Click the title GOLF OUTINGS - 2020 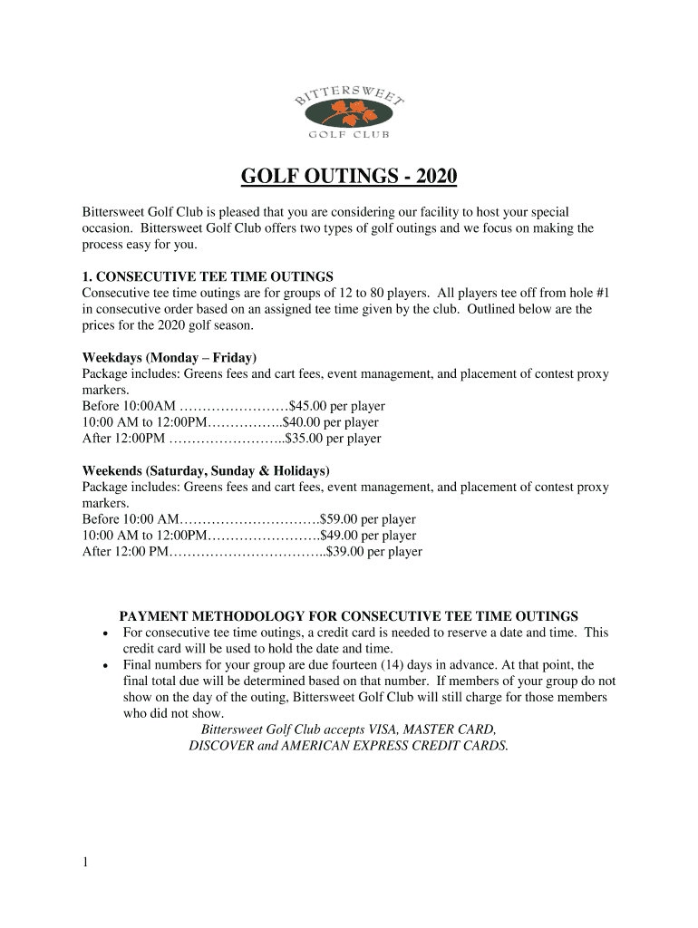click(x=349, y=175)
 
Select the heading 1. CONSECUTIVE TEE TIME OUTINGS click(x=208, y=276)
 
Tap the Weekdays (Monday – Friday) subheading click(x=170, y=357)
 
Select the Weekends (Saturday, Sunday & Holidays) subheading click(x=206, y=470)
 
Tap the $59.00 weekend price click(x=340, y=519)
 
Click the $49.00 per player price click(x=340, y=536)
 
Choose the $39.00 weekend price click(x=345, y=552)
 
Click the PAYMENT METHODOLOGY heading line click(x=349, y=616)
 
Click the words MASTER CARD click(x=449, y=730)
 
